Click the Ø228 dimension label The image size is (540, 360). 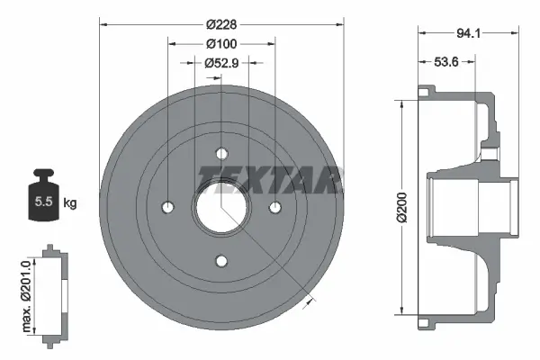[220, 25]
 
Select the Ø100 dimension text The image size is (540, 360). [220, 44]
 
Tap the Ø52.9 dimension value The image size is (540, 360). [220, 63]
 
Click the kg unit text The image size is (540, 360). [69, 203]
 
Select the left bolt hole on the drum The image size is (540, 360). [166, 208]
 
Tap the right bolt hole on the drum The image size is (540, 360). [275, 208]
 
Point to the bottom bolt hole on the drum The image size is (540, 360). [220, 262]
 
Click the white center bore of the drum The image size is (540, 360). [220, 208]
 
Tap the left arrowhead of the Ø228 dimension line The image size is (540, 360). [102, 25]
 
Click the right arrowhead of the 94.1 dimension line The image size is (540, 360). [517, 34]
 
